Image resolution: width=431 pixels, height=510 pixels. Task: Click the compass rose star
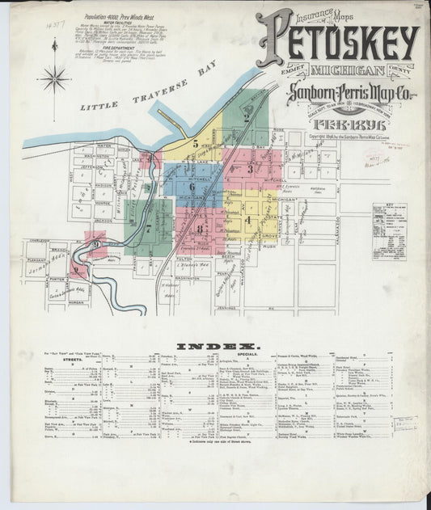(54, 79)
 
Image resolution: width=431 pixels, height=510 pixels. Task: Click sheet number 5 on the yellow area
(195, 143)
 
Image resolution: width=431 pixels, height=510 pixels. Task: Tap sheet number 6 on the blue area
(192, 187)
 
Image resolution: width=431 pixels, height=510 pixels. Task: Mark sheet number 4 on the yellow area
(247, 219)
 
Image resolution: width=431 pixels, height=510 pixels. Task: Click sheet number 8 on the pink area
(198, 228)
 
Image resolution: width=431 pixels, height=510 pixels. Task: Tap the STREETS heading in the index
(54, 360)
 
